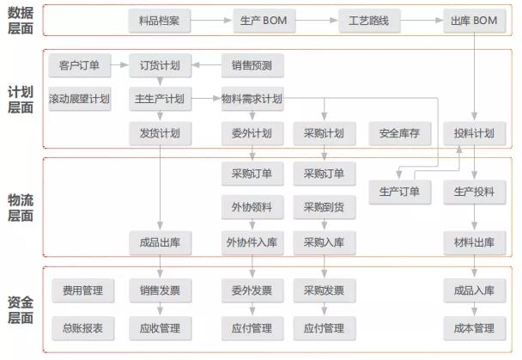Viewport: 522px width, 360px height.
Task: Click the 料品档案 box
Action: pos(160,21)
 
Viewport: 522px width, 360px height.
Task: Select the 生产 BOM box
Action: pos(264,21)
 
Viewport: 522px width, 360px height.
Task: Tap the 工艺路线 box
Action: pos(369,21)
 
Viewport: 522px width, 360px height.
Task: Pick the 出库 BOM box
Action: pos(475,21)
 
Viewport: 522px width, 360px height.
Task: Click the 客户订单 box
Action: pos(80,65)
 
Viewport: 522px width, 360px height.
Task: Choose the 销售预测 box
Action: pos(252,65)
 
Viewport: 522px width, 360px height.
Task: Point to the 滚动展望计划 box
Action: pos(80,99)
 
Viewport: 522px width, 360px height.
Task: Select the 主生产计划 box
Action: pos(161,99)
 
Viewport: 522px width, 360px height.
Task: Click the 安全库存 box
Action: pos(400,133)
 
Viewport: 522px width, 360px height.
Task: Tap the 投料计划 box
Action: pos(475,133)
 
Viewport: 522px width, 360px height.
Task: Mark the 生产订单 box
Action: pos(400,192)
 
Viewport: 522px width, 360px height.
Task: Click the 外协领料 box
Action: pos(252,207)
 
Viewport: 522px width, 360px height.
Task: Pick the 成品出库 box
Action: pos(161,242)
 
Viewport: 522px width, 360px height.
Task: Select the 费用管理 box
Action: pos(83,290)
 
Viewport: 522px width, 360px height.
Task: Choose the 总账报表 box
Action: pos(83,328)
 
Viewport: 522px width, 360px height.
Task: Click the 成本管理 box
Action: pos(475,328)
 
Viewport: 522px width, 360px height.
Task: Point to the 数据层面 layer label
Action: pos(21,21)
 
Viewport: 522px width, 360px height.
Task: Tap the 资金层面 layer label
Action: pos(21,310)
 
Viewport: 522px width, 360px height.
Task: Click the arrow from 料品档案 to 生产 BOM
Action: pos(211,21)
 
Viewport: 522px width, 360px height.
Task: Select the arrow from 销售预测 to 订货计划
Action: pos(207,65)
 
